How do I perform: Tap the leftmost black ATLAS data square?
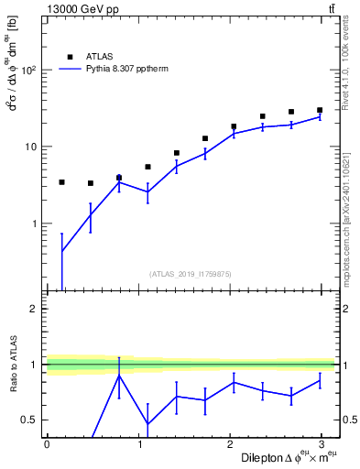coord(61,182)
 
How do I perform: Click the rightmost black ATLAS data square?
coord(320,110)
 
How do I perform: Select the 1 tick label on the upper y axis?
coord(33,224)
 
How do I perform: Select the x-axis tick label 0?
coord(46,444)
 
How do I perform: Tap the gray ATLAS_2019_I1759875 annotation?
coord(191,273)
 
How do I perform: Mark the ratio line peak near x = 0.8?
coord(119,376)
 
